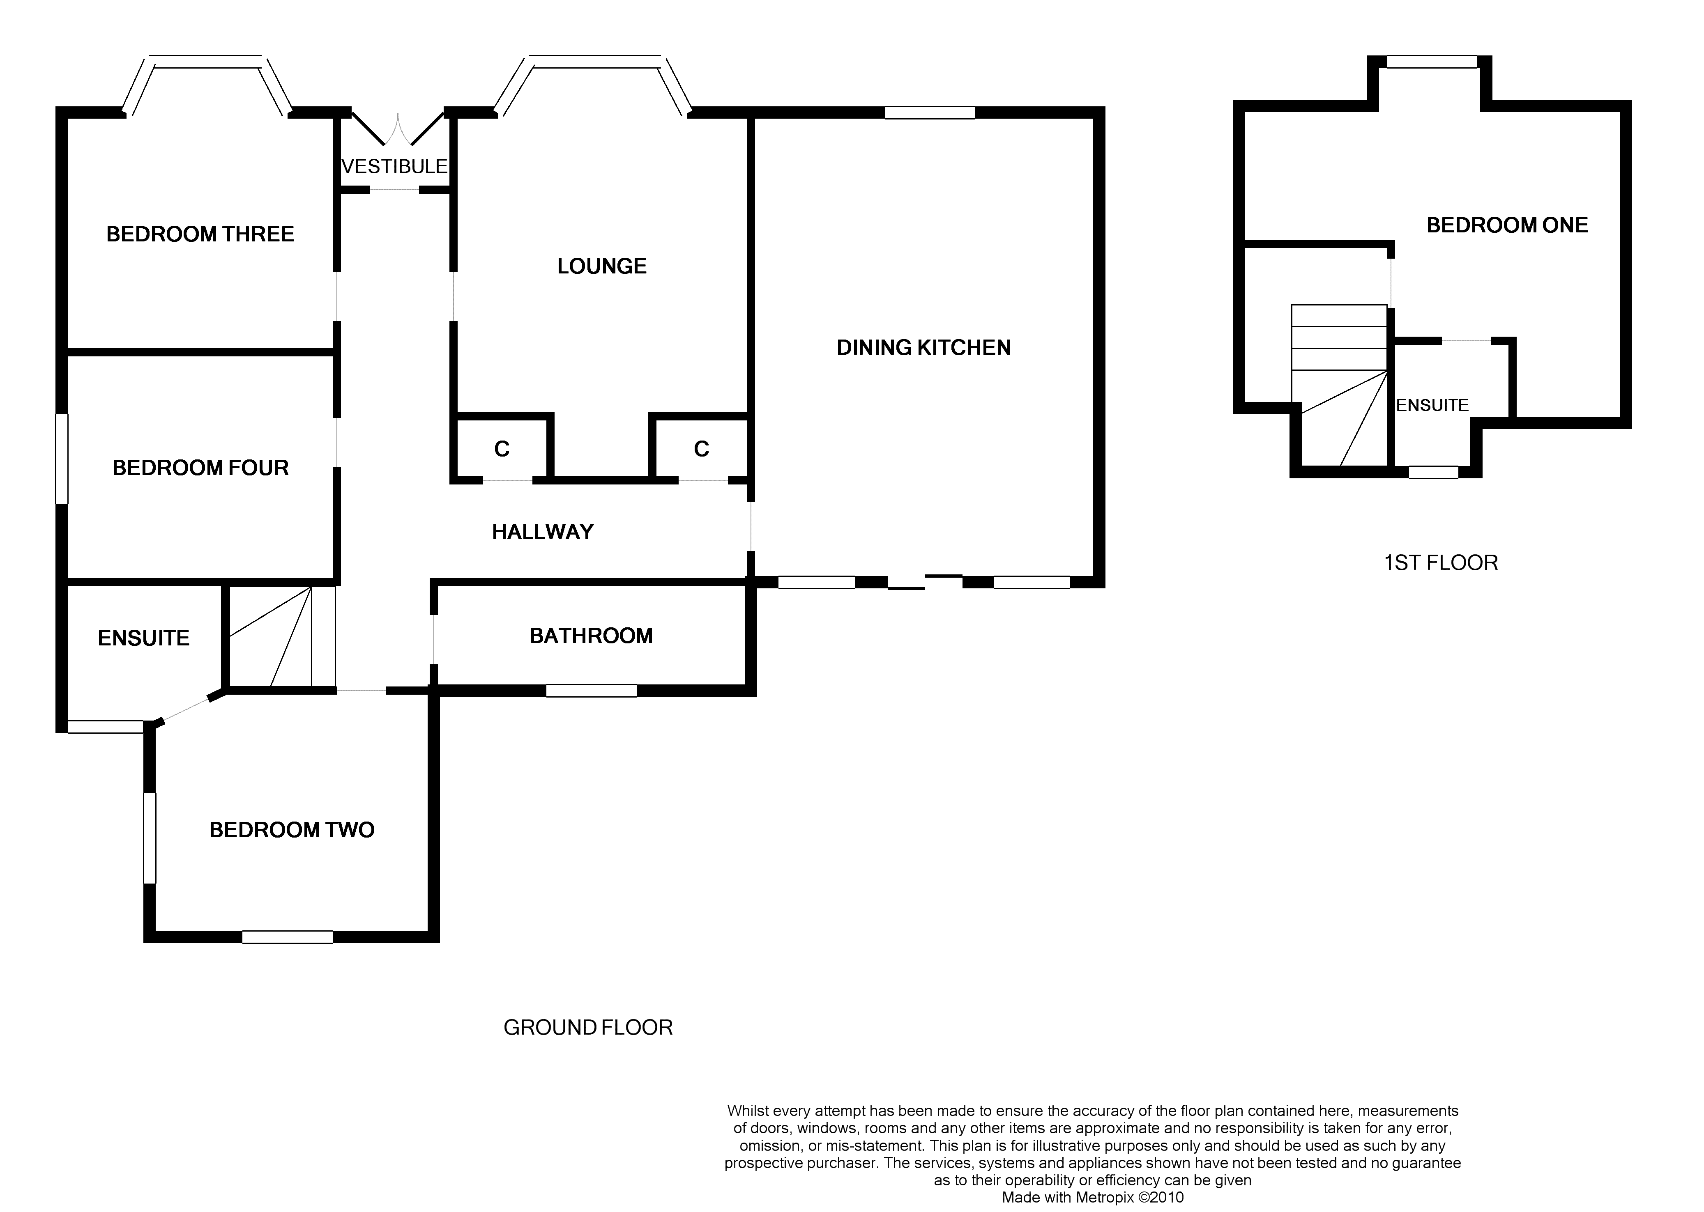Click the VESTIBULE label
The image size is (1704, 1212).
pos(394,166)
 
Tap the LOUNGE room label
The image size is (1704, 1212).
pos(602,266)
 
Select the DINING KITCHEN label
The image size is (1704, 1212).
pos(923,348)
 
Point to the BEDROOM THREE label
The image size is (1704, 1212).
pos(200,234)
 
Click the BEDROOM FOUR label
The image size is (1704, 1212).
pos(200,468)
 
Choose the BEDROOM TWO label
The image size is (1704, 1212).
pos(291,830)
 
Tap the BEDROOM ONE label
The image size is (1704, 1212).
pos(1507,225)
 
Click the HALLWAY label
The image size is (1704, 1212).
pos(543,532)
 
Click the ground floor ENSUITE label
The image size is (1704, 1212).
pos(143,638)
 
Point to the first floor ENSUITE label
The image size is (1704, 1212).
pos(1432,405)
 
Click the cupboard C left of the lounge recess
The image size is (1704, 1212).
pos(502,449)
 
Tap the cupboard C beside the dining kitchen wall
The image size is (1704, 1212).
pos(701,449)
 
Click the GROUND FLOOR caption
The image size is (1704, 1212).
pos(588,1028)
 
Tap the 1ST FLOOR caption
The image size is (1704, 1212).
pos(1440,563)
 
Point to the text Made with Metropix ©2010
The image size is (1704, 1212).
pos(1092,1198)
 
